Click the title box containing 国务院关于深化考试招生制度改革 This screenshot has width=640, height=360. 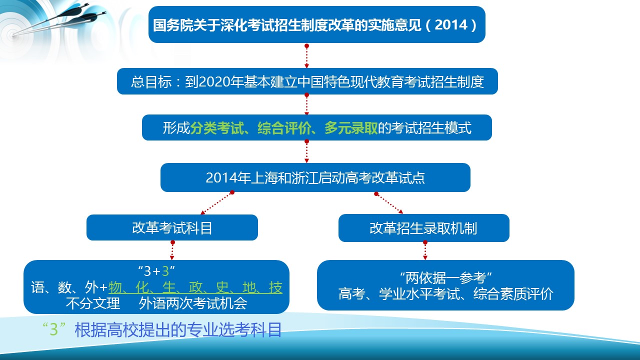tap(317, 24)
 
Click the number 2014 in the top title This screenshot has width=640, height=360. tap(451, 25)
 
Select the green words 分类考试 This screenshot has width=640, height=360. tap(217, 127)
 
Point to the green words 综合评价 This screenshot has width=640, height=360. tap(284, 127)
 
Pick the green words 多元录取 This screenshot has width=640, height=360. tap(351, 127)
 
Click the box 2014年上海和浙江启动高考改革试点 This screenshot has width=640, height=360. tap(315, 177)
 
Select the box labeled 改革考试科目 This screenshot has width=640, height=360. tap(172, 227)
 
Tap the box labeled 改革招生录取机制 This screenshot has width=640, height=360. tap(424, 228)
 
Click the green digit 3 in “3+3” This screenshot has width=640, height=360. tap(165, 271)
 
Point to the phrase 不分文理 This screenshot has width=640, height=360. tap(93, 303)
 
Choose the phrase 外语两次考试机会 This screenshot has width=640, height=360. tap(193, 303)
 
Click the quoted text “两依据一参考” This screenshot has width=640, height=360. tap(445, 278)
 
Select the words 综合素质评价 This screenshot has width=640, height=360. tap(513, 293)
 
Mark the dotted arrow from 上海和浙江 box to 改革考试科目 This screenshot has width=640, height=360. tap(216, 203)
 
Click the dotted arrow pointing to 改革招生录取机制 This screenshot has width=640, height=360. tap(389, 203)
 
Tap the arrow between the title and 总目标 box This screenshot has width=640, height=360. tap(306, 56)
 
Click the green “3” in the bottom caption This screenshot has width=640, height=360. tap(53, 329)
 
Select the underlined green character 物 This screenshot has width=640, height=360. tap(115, 287)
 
